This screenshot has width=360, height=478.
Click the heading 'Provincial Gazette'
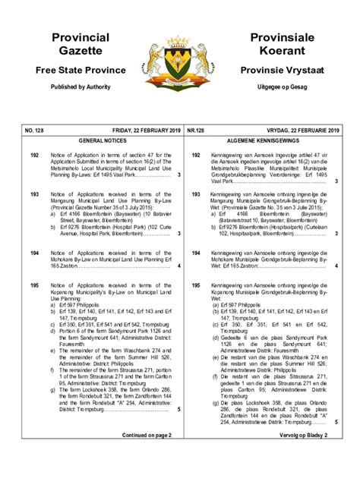point(80,44)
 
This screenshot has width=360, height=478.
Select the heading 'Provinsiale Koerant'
point(277,44)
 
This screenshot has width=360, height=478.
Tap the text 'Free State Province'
point(81,70)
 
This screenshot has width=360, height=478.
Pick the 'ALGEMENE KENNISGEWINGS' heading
point(265,141)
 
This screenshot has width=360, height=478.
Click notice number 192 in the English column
point(34,155)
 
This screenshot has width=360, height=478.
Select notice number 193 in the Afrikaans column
point(195,194)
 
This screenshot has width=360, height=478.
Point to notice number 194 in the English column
point(34,253)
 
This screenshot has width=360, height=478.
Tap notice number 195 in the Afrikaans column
point(195,285)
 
